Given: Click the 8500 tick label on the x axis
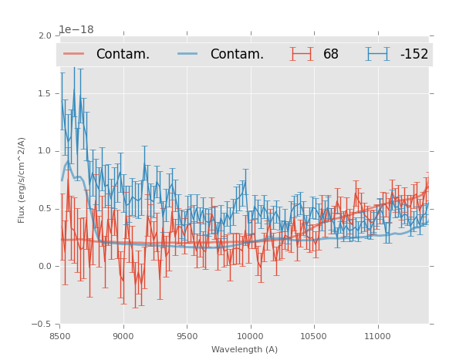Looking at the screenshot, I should tap(59, 336).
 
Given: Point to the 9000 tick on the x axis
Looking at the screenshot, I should tap(123, 336).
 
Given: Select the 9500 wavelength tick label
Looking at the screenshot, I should tap(187, 336).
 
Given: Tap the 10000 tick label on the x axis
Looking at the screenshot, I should tap(250, 336).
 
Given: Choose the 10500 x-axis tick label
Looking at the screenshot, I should tap(314, 336).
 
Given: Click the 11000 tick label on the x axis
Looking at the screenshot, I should tap(377, 336).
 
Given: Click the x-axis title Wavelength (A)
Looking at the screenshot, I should tap(245, 350).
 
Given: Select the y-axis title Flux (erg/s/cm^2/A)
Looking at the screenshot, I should tap(22, 180).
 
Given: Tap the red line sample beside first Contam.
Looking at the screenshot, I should tap(74, 54).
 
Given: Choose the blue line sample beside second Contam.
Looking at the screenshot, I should tap(188, 54).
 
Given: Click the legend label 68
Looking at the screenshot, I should tap(331, 55).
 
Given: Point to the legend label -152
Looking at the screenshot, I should tap(414, 55).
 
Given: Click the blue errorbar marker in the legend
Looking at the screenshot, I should tap(378, 54).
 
